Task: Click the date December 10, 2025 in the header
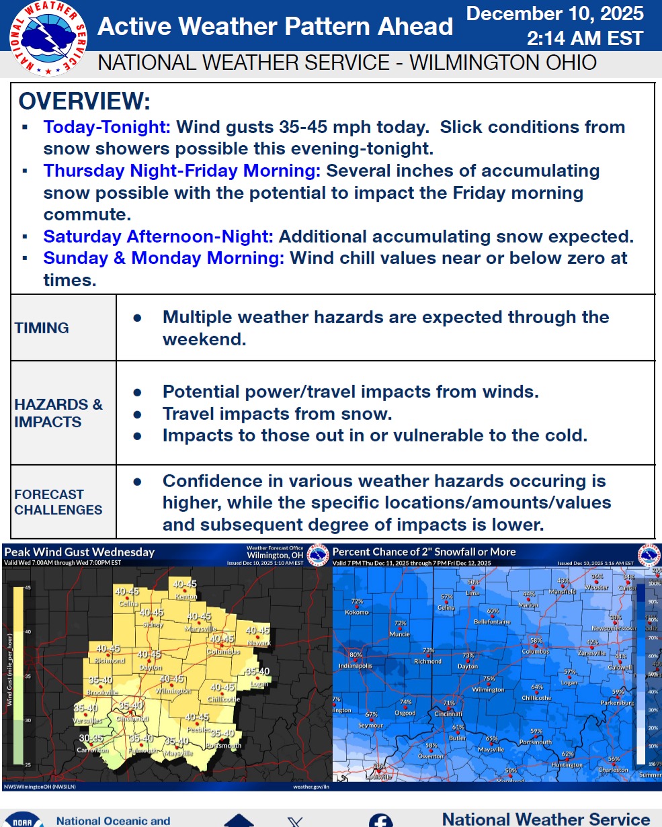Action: (x=554, y=13)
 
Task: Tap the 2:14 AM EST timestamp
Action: (x=585, y=38)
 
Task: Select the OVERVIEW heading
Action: (x=85, y=101)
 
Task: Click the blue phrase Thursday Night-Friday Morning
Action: (x=181, y=171)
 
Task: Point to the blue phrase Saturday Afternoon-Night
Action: (x=158, y=236)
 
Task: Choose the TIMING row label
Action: (x=42, y=328)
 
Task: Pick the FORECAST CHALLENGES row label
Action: (x=58, y=502)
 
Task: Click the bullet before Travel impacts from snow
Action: (x=137, y=414)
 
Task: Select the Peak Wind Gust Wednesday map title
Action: (x=79, y=552)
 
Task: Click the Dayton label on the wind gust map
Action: (x=151, y=668)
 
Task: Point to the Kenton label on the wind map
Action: (x=185, y=597)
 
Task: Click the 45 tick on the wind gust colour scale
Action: (x=28, y=587)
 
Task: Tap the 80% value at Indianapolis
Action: (x=356, y=655)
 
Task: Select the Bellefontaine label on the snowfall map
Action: (x=493, y=621)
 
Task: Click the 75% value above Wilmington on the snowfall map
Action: (x=489, y=679)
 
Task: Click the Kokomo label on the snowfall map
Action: (x=356, y=612)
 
